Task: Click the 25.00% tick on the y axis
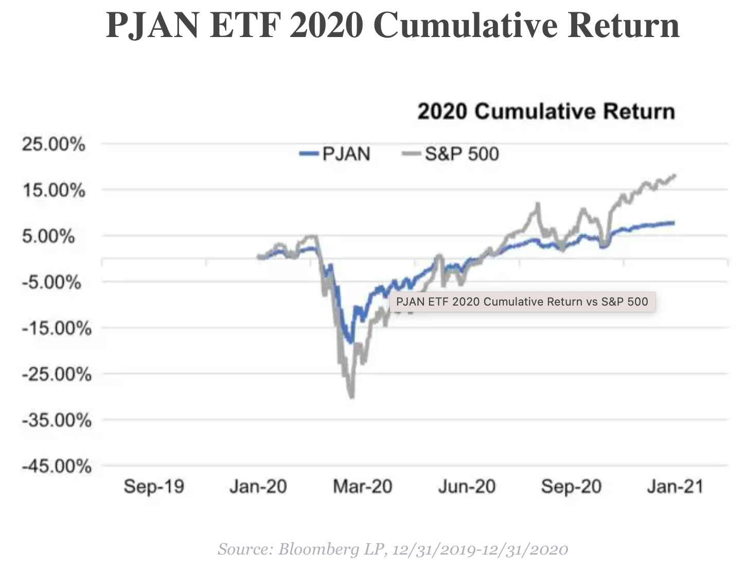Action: click(53, 145)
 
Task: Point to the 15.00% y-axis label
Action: click(53, 191)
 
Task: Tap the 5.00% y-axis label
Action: click(48, 237)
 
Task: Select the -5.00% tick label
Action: click(51, 282)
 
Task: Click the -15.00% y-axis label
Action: click(56, 328)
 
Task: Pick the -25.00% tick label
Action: click(56, 374)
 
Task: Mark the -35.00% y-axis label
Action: click(56, 420)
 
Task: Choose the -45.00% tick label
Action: click(56, 466)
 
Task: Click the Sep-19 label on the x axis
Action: click(154, 486)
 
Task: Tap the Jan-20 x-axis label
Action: click(258, 486)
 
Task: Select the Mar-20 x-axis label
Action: click(362, 486)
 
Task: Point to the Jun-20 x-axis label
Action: click(467, 486)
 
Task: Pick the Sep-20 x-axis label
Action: click(571, 486)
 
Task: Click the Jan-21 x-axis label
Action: click(675, 486)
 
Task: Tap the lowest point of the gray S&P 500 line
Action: click(352, 397)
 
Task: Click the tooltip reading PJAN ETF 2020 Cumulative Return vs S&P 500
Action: click(522, 301)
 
